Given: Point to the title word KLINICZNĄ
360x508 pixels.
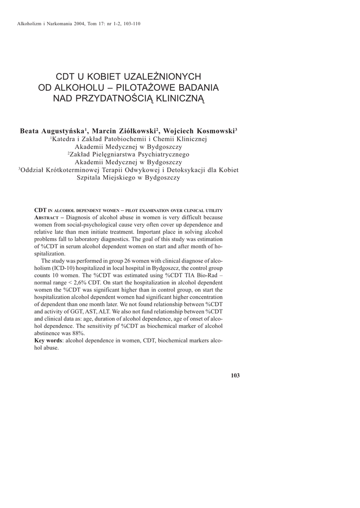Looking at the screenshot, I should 180,98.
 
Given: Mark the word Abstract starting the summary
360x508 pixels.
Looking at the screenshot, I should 48,218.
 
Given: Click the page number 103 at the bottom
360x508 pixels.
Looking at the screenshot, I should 235,376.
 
